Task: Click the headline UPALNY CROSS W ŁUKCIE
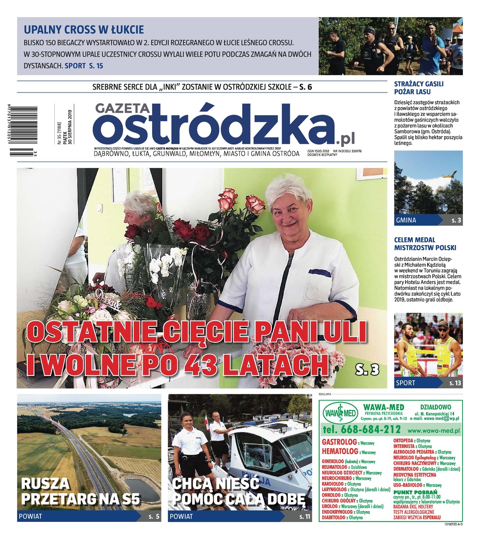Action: click(84, 30)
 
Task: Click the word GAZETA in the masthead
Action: click(122, 109)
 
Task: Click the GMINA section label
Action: click(406, 220)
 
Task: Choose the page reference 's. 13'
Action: click(455, 383)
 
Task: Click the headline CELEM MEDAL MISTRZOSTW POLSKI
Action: click(425, 243)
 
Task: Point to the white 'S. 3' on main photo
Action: click(368, 369)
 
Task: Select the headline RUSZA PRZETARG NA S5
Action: click(81, 491)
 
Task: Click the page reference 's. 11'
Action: click(305, 517)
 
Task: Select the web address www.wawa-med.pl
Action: click(434, 430)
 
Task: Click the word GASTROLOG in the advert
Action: click(339, 442)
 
